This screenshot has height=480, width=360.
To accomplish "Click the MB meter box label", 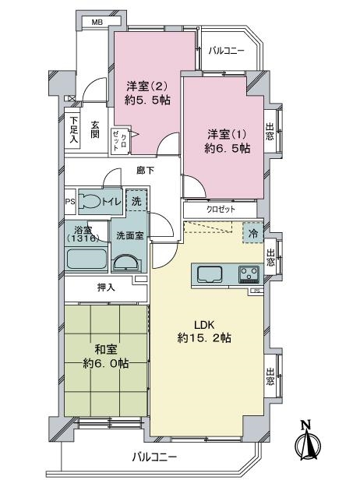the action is pyautogui.click(x=97, y=22).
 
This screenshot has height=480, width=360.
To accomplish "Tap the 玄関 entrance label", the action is pyautogui.click(x=95, y=130).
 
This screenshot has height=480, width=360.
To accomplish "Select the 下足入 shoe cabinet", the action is pyautogui.click(x=72, y=131).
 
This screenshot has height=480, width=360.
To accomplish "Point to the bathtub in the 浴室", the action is pyautogui.click(x=87, y=259).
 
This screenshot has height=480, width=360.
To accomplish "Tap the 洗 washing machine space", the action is pyautogui.click(x=136, y=200).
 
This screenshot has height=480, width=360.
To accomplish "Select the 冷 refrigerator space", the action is pyautogui.click(x=252, y=233).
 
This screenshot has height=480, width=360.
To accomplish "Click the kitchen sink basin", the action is pyautogui.click(x=210, y=274).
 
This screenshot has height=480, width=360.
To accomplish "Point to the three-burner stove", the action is pyautogui.click(x=249, y=274).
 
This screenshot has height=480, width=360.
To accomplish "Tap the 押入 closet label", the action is pyautogui.click(x=106, y=287).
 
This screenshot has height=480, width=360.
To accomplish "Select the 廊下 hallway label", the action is pyautogui.click(x=145, y=171).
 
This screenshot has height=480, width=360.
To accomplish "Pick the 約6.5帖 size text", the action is pyautogui.click(x=228, y=149).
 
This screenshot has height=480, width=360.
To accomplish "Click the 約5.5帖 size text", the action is pyautogui.click(x=147, y=101).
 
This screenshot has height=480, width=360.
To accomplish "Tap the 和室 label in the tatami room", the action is pyautogui.click(x=106, y=350).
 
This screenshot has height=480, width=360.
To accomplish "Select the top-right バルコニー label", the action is pyautogui.click(x=227, y=51).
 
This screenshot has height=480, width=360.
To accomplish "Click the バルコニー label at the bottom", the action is pyautogui.click(x=154, y=457).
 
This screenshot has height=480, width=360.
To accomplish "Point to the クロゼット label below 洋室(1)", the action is pyautogui.click(x=221, y=210).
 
